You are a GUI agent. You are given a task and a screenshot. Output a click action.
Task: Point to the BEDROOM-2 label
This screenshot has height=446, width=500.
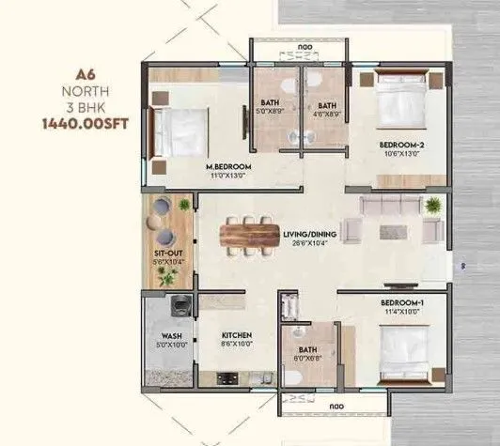tap(398, 145)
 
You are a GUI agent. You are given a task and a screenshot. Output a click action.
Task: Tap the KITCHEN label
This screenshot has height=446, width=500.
tap(236, 334)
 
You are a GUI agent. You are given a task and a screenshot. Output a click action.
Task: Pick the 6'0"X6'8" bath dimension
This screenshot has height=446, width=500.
tap(307, 356)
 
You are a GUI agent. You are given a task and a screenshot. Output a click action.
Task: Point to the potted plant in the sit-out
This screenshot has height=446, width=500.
tap(167, 275)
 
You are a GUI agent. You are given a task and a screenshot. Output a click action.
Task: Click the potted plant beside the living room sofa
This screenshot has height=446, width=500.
tap(432, 205)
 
